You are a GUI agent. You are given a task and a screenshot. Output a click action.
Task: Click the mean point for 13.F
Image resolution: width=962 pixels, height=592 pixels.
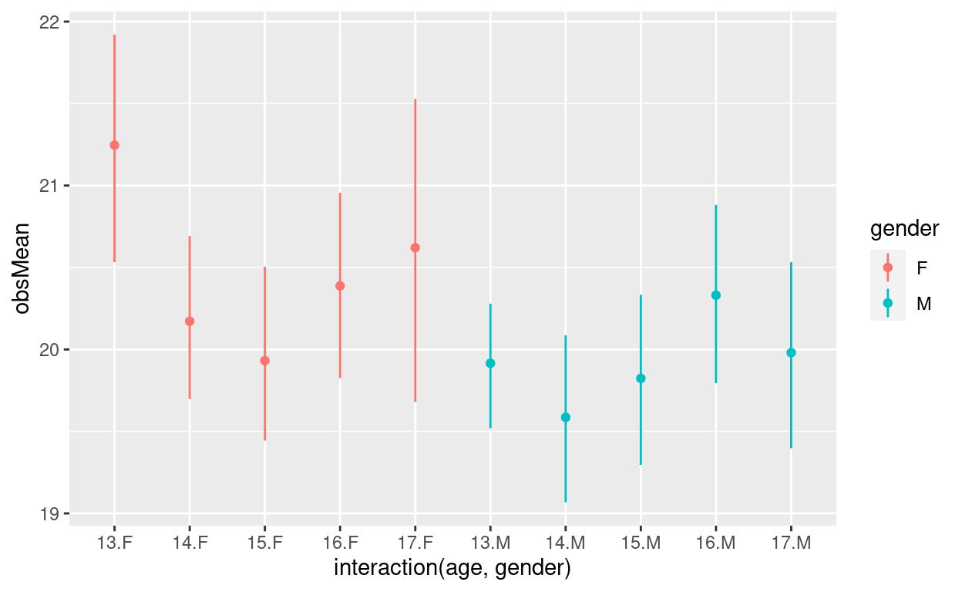click(114, 145)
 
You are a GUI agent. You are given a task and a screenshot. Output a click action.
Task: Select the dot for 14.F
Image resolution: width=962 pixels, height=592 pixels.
click(190, 321)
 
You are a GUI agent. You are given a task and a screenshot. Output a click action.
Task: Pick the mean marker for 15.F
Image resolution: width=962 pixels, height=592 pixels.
click(264, 360)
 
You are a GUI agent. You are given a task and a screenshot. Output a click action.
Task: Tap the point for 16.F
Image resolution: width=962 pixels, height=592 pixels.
click(340, 286)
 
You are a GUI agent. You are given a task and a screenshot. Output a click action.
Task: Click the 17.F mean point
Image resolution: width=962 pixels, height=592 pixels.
click(415, 247)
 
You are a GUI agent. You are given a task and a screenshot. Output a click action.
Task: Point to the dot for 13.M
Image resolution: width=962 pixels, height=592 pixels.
click(490, 363)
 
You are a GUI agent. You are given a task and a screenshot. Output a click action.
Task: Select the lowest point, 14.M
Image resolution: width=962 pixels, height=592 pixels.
click(566, 417)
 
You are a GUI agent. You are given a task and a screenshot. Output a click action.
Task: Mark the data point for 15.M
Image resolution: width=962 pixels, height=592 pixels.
click(641, 378)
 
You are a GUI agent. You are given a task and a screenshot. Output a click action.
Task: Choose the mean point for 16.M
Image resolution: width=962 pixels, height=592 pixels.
click(716, 295)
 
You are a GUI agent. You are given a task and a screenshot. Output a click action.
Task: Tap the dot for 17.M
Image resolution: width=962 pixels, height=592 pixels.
click(791, 352)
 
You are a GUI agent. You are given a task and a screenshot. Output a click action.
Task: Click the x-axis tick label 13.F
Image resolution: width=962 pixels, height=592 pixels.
click(114, 542)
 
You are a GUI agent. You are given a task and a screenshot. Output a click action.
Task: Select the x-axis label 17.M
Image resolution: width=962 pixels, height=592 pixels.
click(791, 542)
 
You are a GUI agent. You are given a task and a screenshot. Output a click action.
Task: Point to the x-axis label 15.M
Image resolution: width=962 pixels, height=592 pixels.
click(641, 542)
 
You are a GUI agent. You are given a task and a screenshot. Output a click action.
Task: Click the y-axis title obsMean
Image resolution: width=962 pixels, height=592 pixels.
click(22, 267)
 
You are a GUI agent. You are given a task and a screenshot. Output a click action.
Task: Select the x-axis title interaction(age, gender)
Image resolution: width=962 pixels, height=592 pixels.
click(452, 569)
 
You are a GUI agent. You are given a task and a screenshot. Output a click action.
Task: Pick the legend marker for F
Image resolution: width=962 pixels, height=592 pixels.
click(888, 267)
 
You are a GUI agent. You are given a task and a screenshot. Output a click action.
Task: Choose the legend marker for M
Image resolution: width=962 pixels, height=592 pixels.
click(888, 303)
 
